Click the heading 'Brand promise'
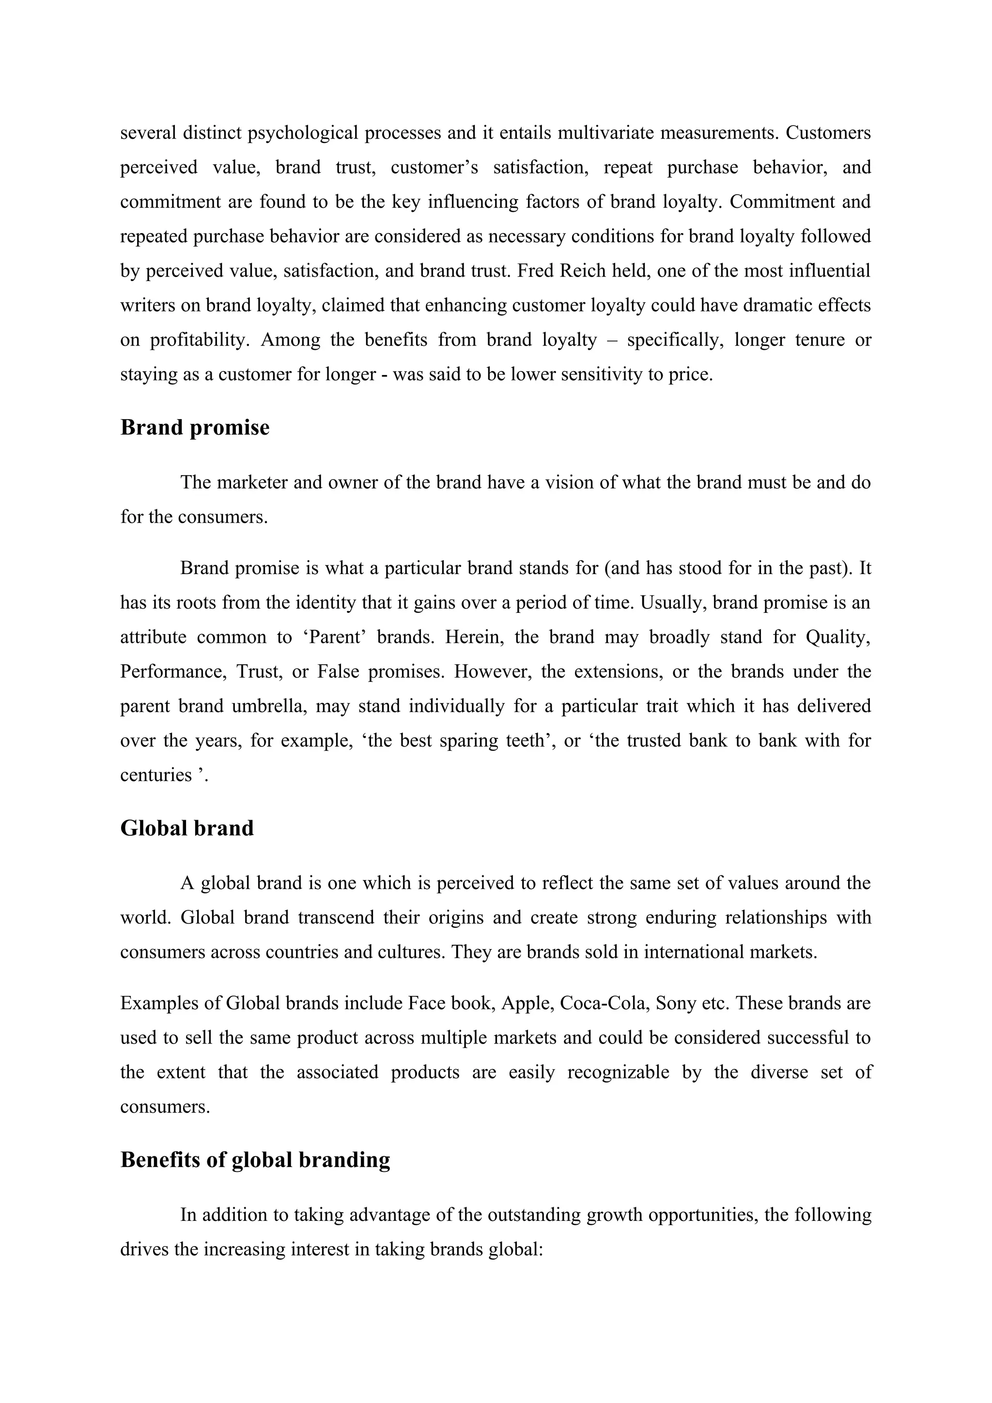[x=194, y=428]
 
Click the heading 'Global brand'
[x=186, y=828]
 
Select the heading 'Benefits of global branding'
[x=255, y=1160]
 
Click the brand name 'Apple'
[x=527, y=1004]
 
